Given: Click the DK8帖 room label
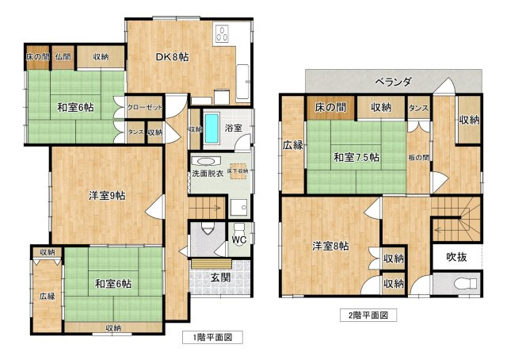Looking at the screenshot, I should tap(171, 56).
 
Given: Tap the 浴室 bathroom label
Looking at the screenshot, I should tap(233, 127).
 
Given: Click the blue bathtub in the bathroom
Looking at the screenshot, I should tap(212, 128).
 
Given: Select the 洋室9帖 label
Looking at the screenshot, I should tap(106, 196).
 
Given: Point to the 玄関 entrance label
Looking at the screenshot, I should tap(220, 277).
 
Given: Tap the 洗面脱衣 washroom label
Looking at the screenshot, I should tap(207, 173).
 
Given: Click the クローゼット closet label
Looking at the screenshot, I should tap(144, 106).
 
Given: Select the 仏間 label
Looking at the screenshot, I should tap(63, 57).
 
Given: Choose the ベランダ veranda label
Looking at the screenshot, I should tap(394, 81).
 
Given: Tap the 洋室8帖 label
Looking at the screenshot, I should tap(330, 247).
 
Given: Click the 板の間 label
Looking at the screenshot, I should tap(419, 157).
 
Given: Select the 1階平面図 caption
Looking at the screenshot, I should tap(211, 336).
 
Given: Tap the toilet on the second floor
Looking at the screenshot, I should tap(463, 283).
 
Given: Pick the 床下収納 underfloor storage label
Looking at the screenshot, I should tap(238, 171).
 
